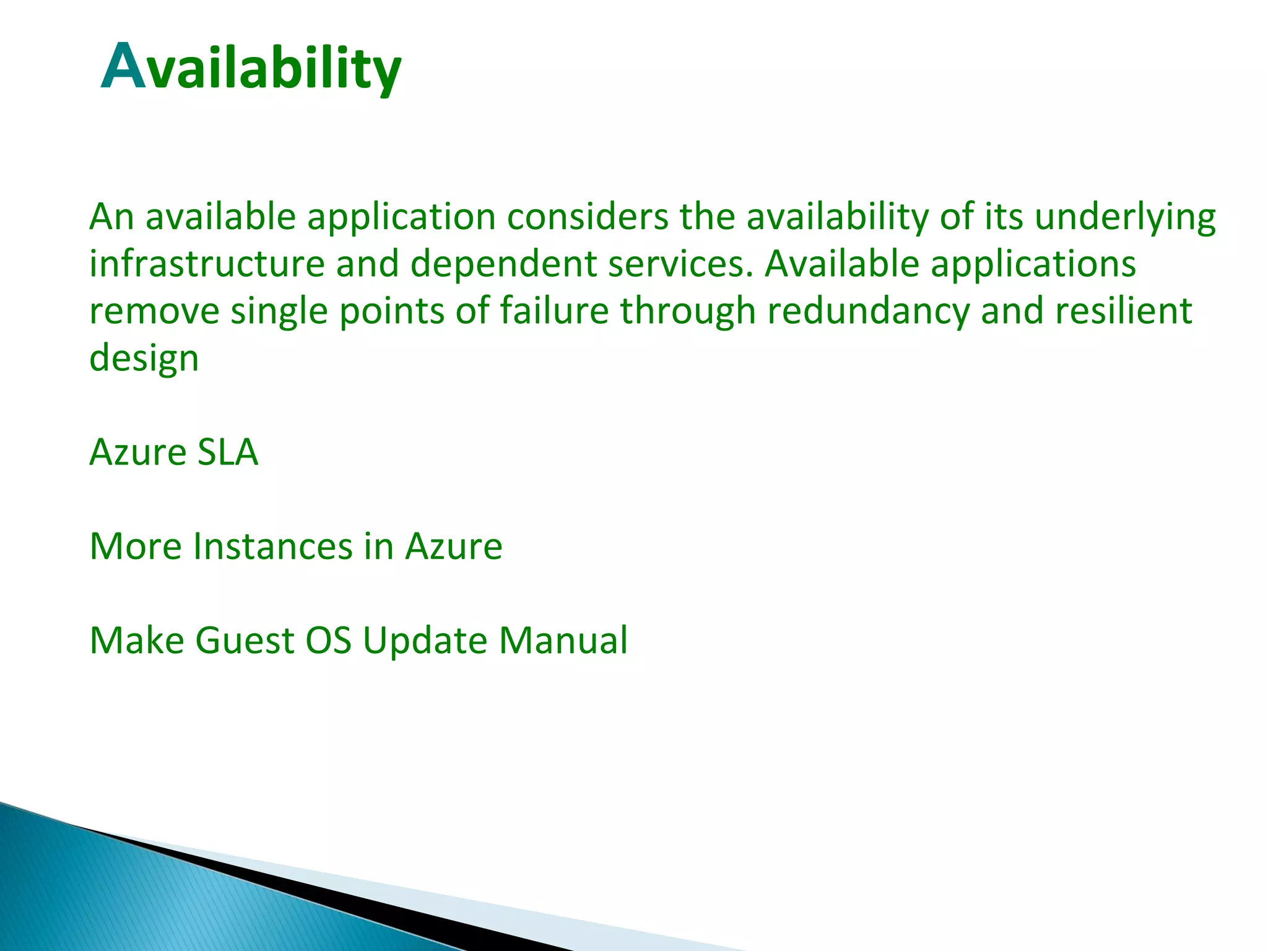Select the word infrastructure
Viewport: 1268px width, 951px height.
point(207,264)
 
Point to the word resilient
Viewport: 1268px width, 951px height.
point(1123,311)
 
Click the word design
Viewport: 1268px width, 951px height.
point(144,359)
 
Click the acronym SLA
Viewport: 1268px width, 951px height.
point(227,452)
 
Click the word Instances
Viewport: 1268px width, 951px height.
point(272,546)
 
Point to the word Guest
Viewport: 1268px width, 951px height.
point(245,640)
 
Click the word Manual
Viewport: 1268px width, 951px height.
point(563,640)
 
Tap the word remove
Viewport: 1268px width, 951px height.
point(154,311)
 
